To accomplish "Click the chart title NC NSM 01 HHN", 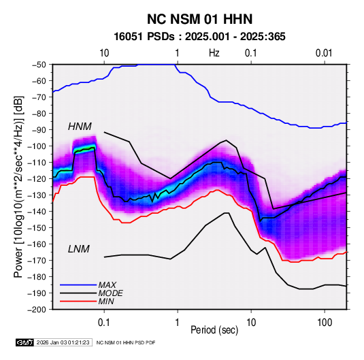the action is tap(199, 19).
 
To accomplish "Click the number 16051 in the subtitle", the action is tap(128, 37).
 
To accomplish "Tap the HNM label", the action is tap(80, 127).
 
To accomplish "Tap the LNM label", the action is tap(78, 249).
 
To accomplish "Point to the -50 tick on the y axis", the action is tap(39, 65).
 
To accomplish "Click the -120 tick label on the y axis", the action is tap(37, 179).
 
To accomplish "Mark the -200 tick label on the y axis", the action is tap(37, 310).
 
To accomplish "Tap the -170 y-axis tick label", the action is tap(37, 261).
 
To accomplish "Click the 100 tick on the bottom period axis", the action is tap(325, 323).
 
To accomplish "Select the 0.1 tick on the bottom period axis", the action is tap(104, 323).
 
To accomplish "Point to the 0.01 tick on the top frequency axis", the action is tap(324, 53).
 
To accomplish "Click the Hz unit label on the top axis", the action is tap(214, 53).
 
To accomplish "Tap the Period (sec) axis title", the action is tap(214, 330).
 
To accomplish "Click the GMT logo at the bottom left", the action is tap(25, 342).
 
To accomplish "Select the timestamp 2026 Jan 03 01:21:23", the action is tap(63, 342).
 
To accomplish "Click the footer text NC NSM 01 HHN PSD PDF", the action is tap(126, 342).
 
